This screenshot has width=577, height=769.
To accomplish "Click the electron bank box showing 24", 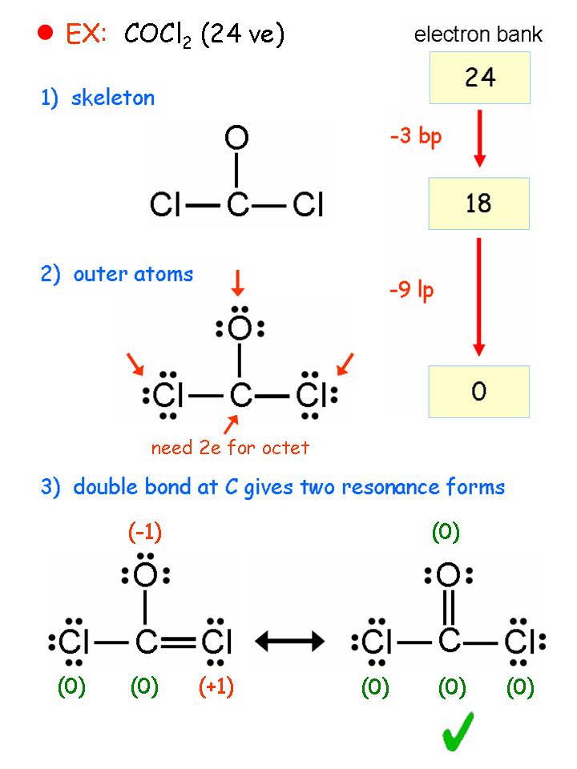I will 479,78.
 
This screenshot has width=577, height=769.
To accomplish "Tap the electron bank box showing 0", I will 479,393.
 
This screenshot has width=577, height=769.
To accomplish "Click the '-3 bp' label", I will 415,136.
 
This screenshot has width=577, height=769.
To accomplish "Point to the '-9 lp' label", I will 411,289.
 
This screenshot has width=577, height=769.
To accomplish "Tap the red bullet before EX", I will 45,32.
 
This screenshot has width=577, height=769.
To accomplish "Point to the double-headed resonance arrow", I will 288,641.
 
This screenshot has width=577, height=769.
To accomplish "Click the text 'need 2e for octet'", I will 230,447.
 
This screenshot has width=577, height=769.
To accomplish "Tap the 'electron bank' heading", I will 478,34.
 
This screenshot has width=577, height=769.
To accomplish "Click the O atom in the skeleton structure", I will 235,140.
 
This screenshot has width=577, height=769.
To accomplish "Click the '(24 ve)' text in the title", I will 243,35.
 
